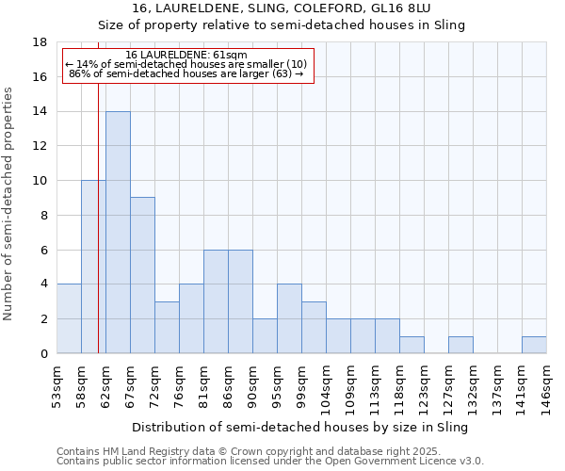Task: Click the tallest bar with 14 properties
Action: (x=118, y=233)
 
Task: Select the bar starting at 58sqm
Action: (x=93, y=267)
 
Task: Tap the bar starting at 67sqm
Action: (x=142, y=275)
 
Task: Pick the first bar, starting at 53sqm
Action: (x=69, y=318)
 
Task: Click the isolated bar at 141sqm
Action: (x=534, y=345)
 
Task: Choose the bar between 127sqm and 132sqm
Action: (x=460, y=345)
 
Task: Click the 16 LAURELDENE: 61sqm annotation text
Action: (x=186, y=56)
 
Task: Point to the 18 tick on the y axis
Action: (x=40, y=42)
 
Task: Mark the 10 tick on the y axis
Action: (x=40, y=181)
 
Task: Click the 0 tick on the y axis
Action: (x=43, y=353)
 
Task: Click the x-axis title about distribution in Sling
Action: (x=300, y=427)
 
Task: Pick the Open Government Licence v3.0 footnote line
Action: (x=270, y=461)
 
